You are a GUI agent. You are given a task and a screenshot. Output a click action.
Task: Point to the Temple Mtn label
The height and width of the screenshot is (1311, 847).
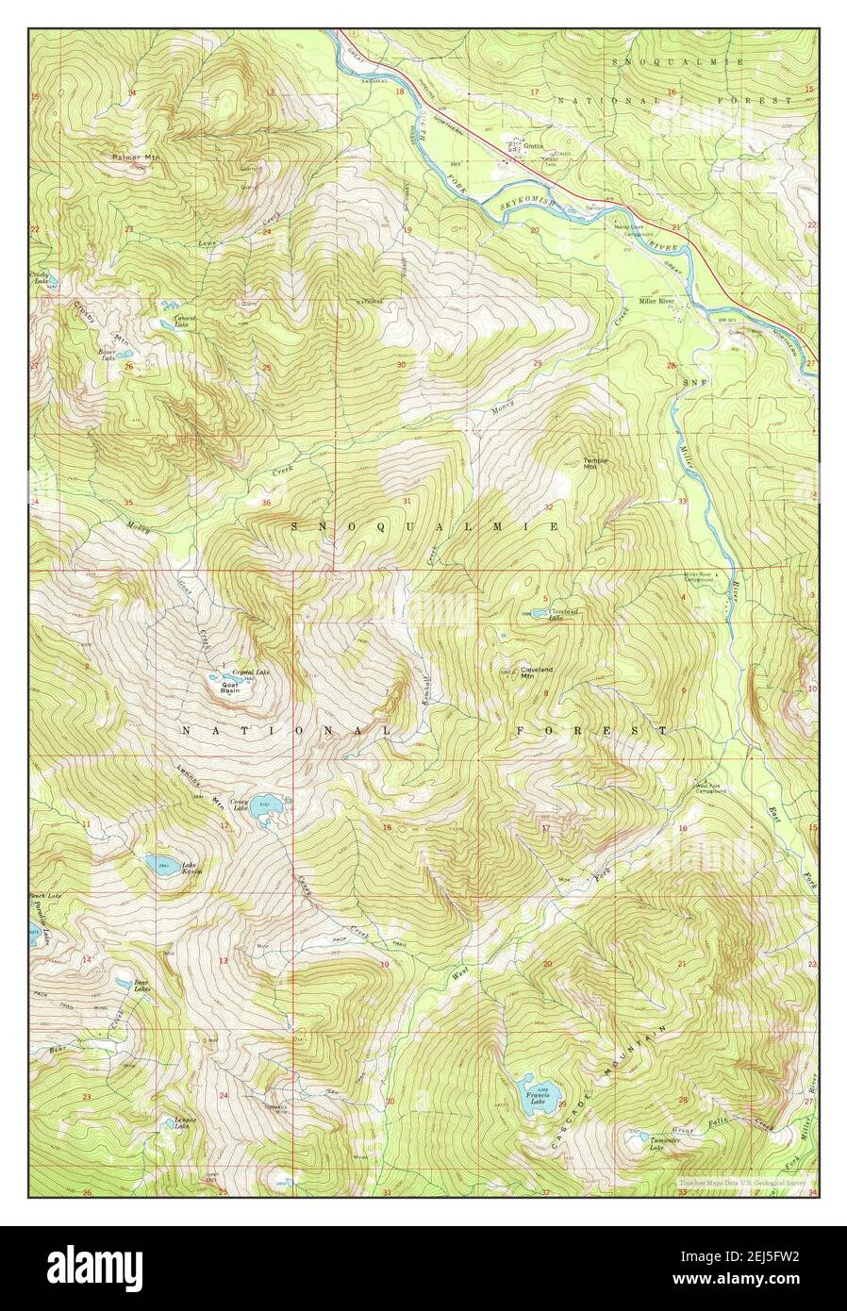(595, 463)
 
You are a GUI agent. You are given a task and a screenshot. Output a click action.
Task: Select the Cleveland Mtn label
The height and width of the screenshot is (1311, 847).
(536, 672)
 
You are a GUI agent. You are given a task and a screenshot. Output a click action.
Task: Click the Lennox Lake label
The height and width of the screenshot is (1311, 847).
(183, 1124)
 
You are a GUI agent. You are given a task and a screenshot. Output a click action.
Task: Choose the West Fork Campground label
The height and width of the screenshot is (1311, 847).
(711, 788)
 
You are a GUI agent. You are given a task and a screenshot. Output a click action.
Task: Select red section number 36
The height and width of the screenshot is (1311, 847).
(266, 502)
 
